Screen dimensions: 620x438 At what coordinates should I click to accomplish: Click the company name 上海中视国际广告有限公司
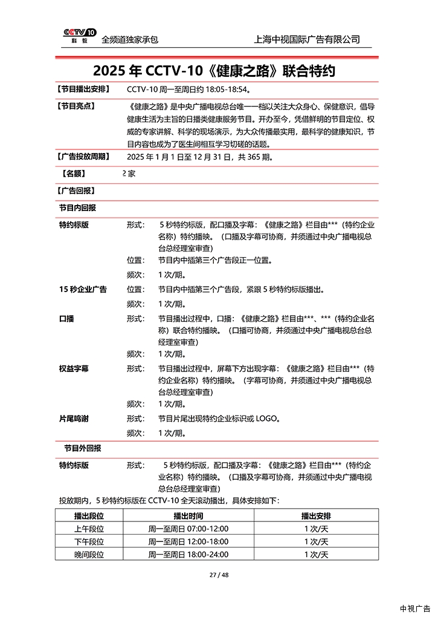coord(308,39)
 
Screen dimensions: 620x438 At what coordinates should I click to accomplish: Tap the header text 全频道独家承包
coord(130,39)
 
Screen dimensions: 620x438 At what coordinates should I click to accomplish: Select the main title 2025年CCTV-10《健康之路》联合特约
coord(214,71)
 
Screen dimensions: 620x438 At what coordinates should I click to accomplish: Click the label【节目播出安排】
coord(84,90)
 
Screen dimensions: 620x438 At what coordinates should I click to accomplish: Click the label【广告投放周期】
coord(84,157)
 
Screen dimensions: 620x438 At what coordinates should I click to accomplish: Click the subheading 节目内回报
coord(77,207)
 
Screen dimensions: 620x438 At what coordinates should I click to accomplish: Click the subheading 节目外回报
coord(83,448)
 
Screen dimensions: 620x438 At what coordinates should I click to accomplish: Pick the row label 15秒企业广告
coord(83,289)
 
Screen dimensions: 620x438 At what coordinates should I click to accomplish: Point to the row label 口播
coord(66,318)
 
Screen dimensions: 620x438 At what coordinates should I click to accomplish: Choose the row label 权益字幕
coord(74,368)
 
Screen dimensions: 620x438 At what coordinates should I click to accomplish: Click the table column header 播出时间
coord(188,516)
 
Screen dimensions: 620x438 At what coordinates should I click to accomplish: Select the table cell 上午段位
coord(89,529)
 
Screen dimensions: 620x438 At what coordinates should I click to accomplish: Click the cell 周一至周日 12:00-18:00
coord(188,541)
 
